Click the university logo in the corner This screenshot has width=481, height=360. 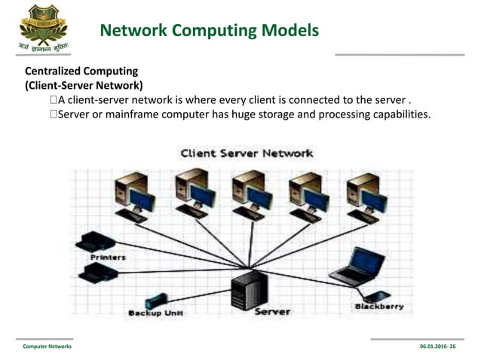(43, 29)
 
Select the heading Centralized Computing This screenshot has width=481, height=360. (81, 72)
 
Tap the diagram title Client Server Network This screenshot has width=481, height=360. (247, 153)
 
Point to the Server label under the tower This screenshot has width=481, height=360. (272, 311)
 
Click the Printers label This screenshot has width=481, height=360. (108, 258)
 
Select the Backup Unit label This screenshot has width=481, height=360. (156, 313)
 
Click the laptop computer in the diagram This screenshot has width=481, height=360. (358, 266)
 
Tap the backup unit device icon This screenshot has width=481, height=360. (155, 300)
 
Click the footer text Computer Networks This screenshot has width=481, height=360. (47, 346)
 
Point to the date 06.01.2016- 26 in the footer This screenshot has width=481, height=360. (443, 346)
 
